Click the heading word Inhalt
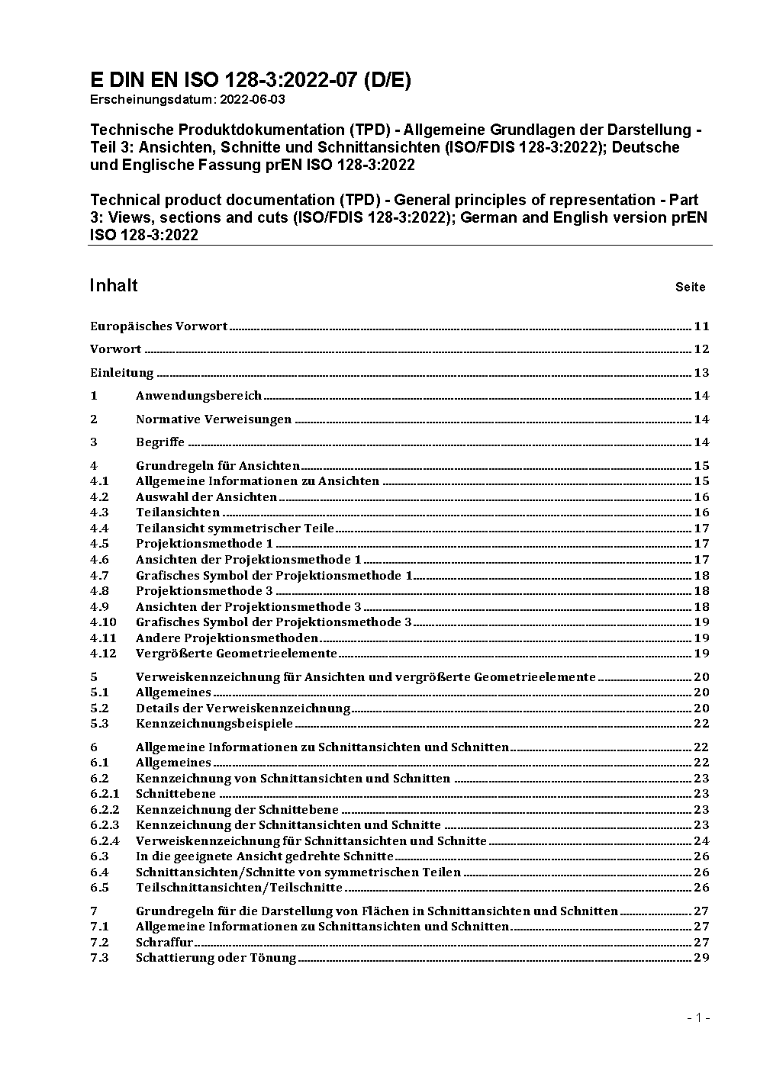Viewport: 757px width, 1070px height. tap(114, 285)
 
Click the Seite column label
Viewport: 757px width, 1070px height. tap(690, 288)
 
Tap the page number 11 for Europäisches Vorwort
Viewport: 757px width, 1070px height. tap(701, 326)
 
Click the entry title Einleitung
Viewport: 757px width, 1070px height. tap(122, 373)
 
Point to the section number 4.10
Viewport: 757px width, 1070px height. tap(102, 622)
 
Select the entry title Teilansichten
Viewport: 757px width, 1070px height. tap(178, 513)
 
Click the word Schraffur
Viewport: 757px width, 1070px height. tap(164, 943)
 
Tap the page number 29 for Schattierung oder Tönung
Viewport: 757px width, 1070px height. tap(701, 958)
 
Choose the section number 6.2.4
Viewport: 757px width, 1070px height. tap(105, 841)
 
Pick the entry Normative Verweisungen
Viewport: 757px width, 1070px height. tap(214, 419)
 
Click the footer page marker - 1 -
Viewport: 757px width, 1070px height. tap(698, 1018)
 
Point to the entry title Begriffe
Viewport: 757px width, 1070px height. tap(160, 442)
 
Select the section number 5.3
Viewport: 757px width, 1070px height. tap(99, 724)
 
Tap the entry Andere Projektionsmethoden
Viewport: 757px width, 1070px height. tap(227, 638)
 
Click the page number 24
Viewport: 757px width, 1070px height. tap(701, 841)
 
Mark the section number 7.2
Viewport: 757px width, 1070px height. tap(99, 943)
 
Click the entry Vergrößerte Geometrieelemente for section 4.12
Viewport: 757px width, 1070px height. tap(236, 654)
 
